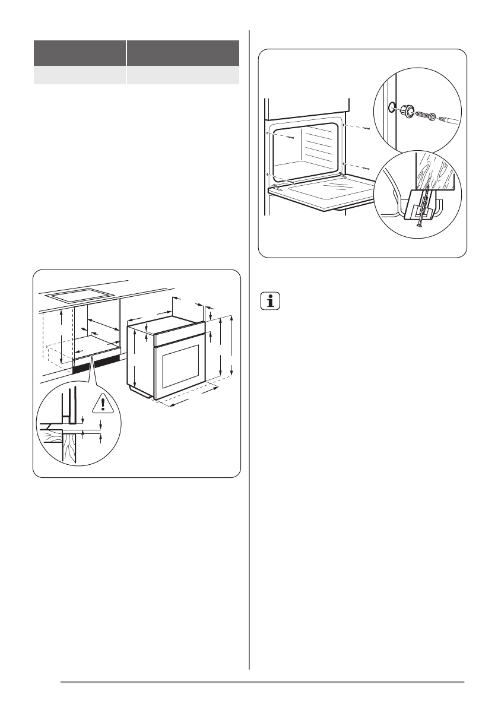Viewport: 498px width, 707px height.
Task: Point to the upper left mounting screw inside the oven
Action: pos(291,137)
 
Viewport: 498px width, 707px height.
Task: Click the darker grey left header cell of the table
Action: pos(80,53)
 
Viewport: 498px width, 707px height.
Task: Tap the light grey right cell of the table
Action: pos(182,75)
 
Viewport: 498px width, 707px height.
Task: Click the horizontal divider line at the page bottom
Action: pos(262,682)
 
